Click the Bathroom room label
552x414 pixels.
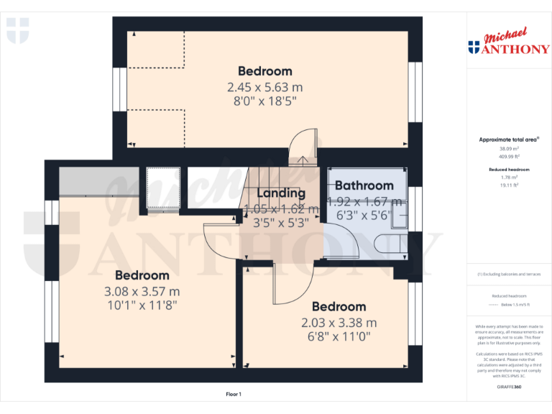364,185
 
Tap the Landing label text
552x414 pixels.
281,193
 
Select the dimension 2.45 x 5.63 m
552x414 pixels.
264,87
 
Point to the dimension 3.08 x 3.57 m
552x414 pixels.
142,291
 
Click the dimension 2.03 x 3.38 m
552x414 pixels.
339,323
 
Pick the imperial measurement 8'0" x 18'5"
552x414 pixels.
264,101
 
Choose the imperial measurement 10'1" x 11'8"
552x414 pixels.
142,305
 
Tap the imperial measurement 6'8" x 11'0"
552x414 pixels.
339,336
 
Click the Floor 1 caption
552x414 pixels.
234,394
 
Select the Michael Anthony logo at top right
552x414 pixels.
508,43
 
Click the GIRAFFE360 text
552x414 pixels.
509,387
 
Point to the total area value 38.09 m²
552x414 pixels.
509,148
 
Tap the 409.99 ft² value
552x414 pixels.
509,156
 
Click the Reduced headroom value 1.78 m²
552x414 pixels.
509,177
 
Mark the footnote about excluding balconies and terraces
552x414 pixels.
509,275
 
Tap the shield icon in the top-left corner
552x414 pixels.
17,31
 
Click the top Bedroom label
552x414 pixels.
264,71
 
